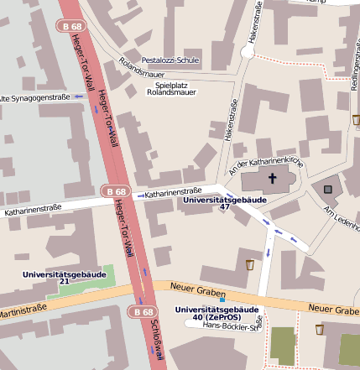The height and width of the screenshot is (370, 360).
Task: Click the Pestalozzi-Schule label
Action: (x=170, y=61)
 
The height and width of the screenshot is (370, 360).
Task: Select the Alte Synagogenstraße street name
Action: (x=34, y=97)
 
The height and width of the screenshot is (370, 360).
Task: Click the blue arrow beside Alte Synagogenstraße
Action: (x=78, y=96)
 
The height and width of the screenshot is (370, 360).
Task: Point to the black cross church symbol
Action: (x=272, y=178)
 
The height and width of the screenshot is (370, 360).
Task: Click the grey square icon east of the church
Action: (x=327, y=190)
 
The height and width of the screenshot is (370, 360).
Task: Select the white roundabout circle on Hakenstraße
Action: (x=247, y=52)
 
